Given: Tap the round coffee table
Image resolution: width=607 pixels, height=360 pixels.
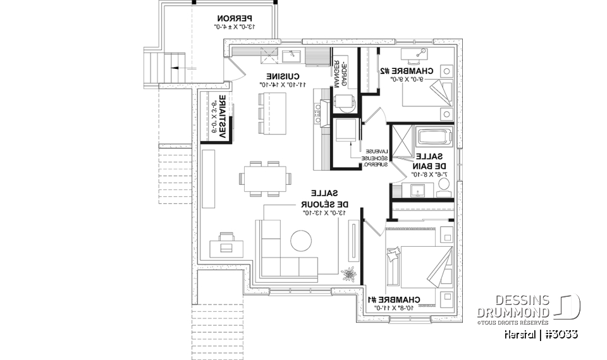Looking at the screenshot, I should click(302, 242).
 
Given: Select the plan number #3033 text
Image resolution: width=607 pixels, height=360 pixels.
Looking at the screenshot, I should click(558, 333).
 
